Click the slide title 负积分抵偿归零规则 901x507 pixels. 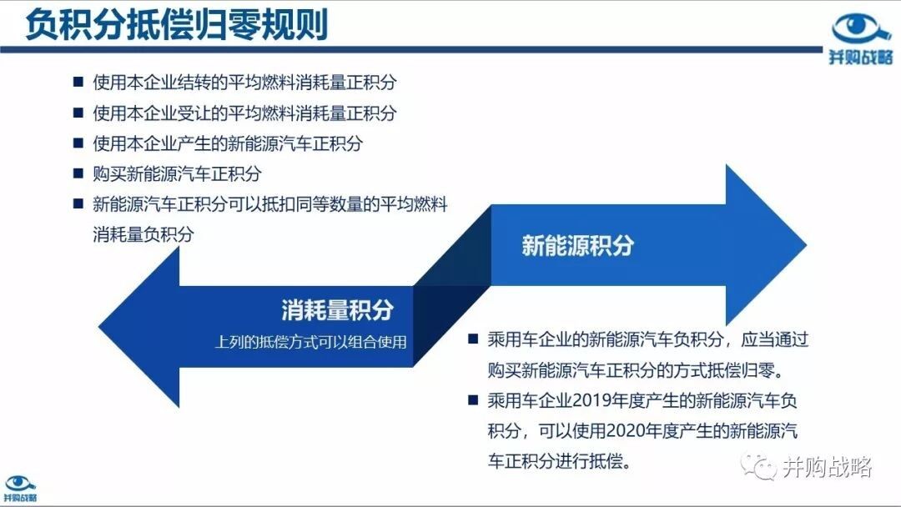[x=176, y=25]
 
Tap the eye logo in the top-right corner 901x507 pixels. [x=860, y=39]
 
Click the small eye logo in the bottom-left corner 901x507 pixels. [x=20, y=489]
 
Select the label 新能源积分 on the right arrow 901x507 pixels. [x=577, y=245]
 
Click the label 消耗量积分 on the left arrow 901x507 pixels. [x=337, y=310]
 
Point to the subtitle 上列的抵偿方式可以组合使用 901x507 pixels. [x=310, y=342]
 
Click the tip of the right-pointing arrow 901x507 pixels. [x=806, y=245]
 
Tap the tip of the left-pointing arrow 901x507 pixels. [x=98, y=327]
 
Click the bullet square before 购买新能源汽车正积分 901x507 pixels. [x=78, y=173]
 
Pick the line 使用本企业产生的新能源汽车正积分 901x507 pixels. [x=228, y=143]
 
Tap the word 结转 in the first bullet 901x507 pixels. [x=210, y=82]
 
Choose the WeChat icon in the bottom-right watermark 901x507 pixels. [x=758, y=467]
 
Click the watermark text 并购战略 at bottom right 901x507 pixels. [x=828, y=467]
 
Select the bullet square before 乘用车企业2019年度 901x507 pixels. [x=473, y=399]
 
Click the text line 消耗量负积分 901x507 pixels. [x=143, y=234]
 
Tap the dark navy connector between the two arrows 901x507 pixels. [x=451, y=285]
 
